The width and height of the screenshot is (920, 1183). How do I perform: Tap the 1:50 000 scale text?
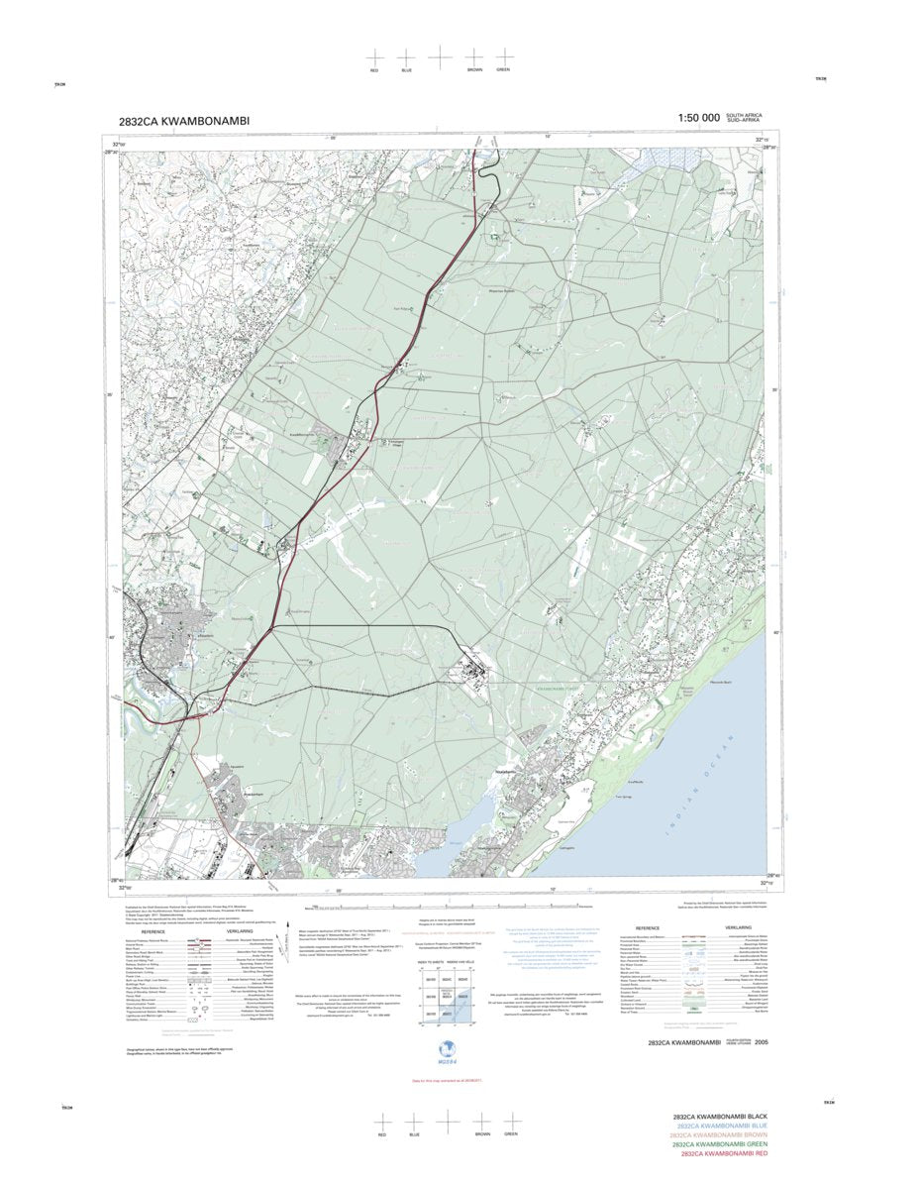[698, 118]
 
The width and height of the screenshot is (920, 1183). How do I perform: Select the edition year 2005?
[761, 1015]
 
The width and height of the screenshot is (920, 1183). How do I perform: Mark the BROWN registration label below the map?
[482, 1133]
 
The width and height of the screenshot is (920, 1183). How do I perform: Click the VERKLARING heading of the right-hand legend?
[739, 927]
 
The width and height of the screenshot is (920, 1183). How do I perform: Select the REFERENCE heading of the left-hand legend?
[153, 932]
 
